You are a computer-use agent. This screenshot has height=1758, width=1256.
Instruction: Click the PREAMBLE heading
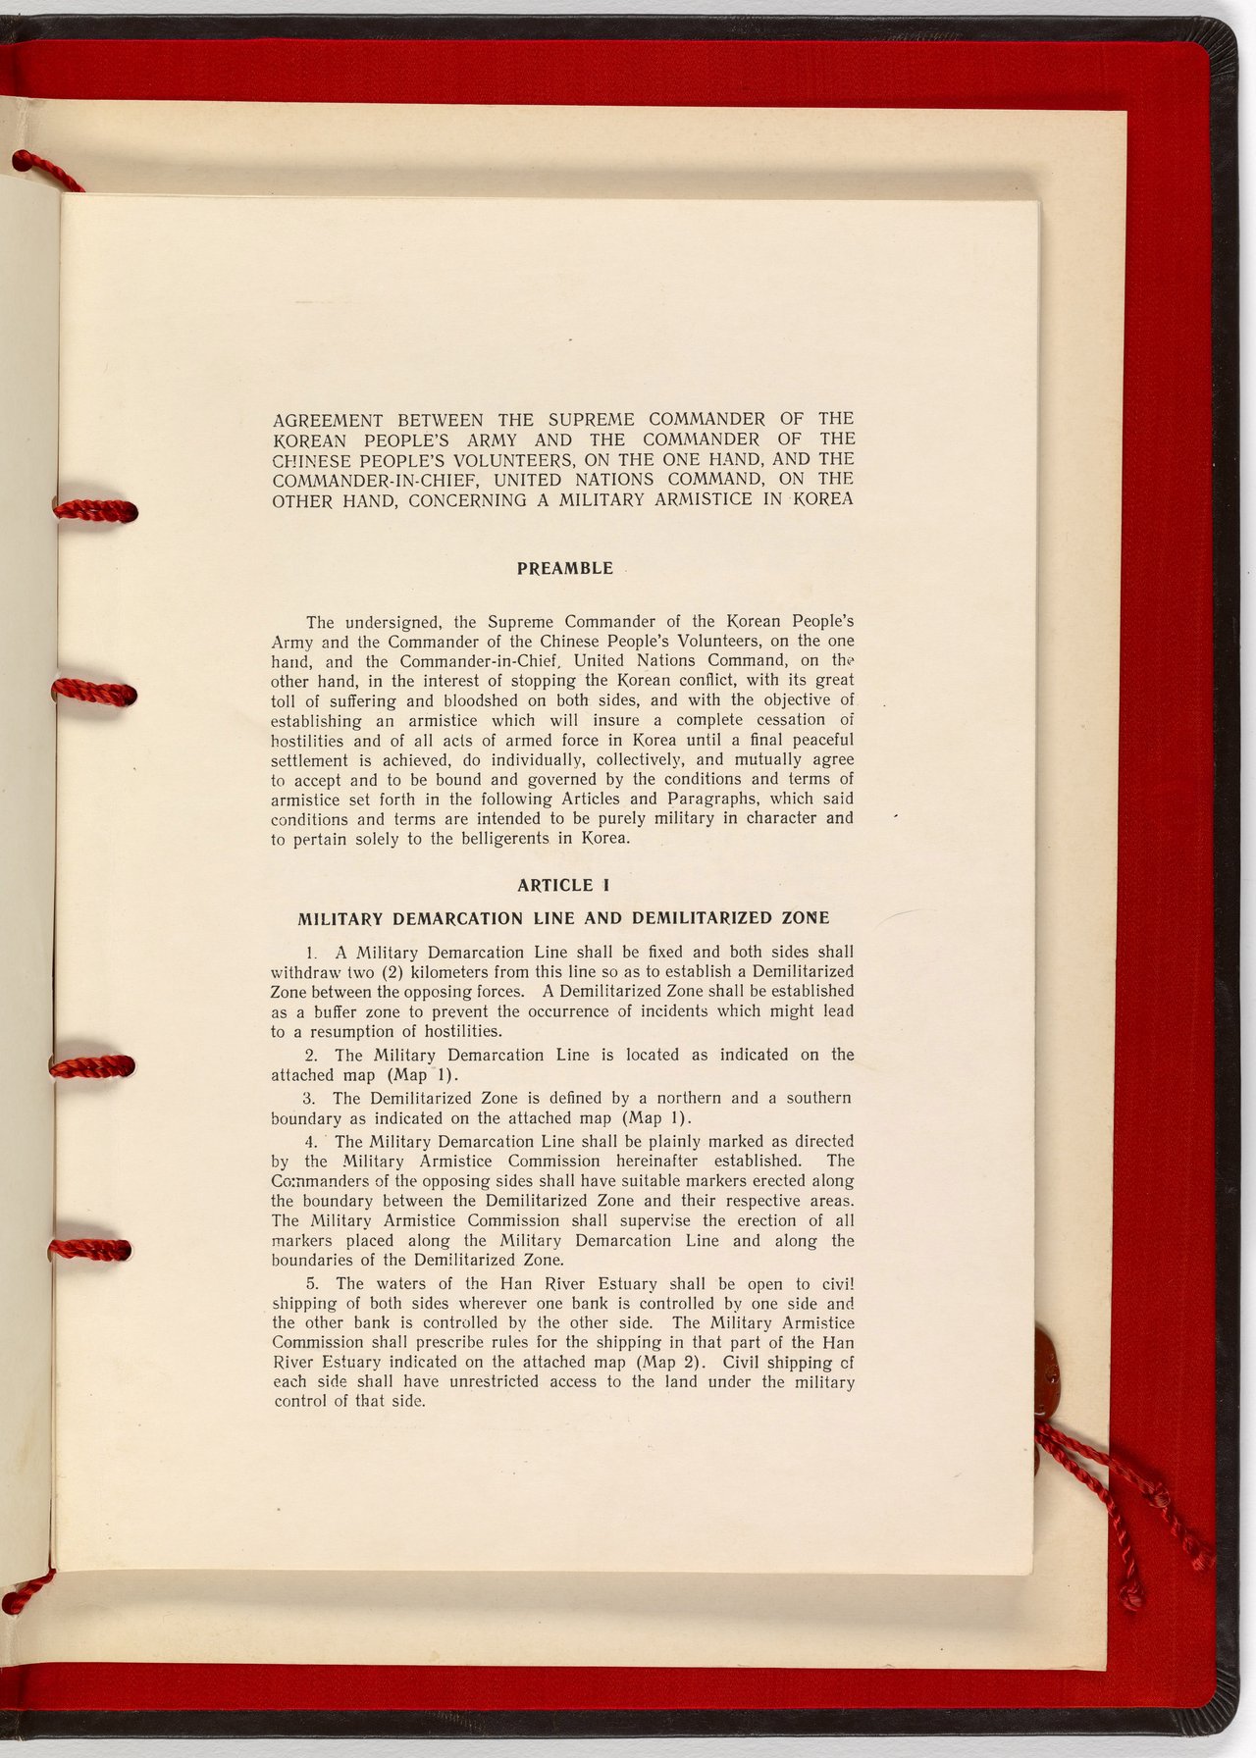click(x=564, y=569)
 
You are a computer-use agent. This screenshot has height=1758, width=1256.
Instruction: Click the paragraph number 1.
click(x=310, y=953)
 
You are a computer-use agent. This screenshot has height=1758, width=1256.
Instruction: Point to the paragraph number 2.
click(x=310, y=1056)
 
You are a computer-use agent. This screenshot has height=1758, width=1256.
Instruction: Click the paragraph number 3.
click(x=309, y=1099)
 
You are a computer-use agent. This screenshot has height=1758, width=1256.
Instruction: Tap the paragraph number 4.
click(x=310, y=1142)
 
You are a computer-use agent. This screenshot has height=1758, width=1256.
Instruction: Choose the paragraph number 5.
click(x=310, y=1284)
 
